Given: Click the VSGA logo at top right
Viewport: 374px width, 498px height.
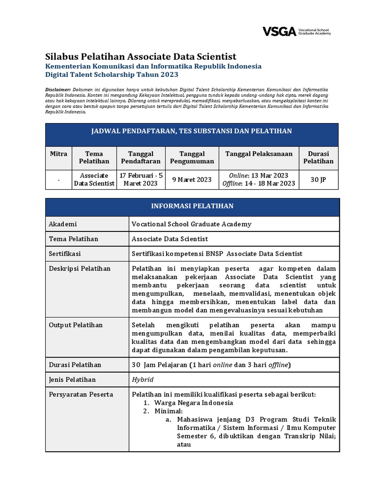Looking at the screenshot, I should tap(297, 32).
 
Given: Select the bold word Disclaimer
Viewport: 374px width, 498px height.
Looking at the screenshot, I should tap(58, 90).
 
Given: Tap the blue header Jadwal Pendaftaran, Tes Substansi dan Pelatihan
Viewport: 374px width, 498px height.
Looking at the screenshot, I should tap(192, 131).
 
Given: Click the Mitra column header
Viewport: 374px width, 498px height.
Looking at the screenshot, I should tap(58, 154).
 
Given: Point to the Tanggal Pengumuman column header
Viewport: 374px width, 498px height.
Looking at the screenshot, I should tap(192, 158).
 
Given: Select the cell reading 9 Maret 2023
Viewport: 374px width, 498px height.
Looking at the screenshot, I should tap(192, 179).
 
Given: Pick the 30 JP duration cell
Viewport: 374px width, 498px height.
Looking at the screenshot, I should tap(318, 179).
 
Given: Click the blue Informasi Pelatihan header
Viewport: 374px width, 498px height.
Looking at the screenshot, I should tap(192, 206).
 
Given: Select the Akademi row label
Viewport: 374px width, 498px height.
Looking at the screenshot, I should tap(63, 224).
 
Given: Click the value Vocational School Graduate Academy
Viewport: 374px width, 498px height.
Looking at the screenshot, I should tap(191, 224).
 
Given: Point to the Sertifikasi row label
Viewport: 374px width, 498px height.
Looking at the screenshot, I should tap(65, 254).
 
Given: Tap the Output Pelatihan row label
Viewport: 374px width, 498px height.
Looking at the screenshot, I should tap(76, 325).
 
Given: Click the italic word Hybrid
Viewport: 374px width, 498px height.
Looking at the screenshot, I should tap(143, 379).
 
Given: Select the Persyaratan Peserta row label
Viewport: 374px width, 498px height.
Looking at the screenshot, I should tap(81, 394).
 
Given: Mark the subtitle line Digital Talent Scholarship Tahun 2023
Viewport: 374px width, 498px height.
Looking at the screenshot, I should tap(112, 75).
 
